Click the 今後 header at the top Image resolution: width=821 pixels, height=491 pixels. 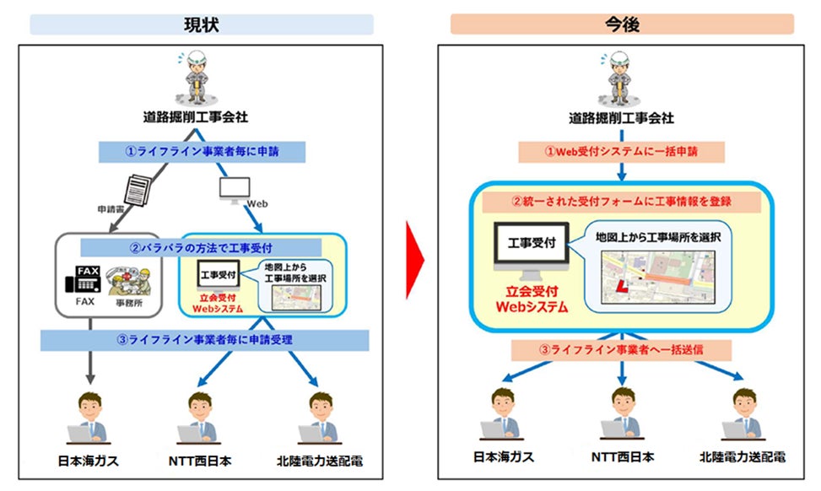[621, 24]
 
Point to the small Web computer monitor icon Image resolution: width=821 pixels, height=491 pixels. [234, 189]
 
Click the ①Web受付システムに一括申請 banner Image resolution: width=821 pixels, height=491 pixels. [621, 152]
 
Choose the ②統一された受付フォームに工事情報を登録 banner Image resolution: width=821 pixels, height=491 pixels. [621, 202]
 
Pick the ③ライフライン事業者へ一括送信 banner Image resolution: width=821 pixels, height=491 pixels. [621, 350]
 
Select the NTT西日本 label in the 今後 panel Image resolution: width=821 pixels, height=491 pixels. [621, 457]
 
